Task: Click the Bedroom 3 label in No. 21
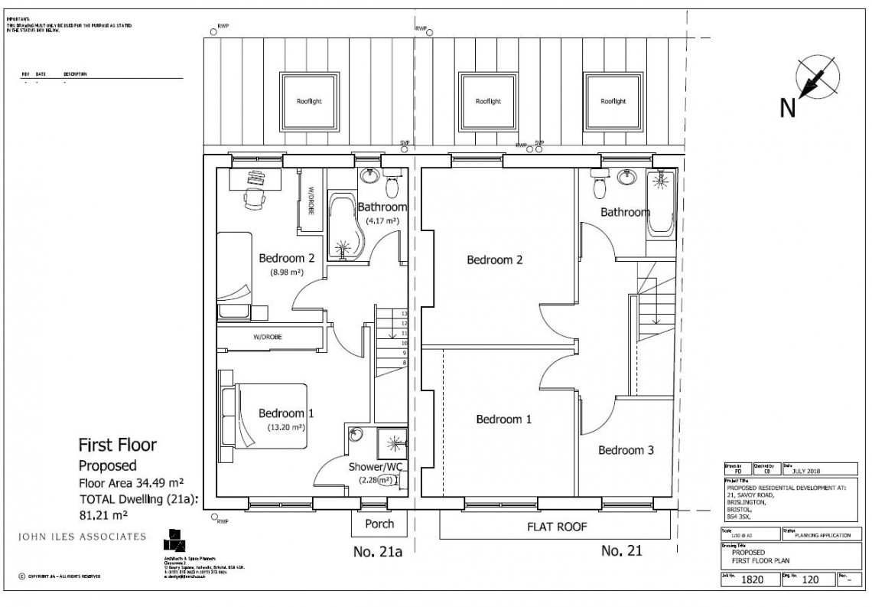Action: point(626,450)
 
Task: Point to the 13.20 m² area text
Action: point(286,427)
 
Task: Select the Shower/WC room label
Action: point(375,467)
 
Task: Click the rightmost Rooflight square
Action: point(613,101)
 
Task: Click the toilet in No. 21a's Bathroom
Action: point(393,186)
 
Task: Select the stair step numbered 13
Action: point(403,314)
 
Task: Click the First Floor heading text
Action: point(118,445)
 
